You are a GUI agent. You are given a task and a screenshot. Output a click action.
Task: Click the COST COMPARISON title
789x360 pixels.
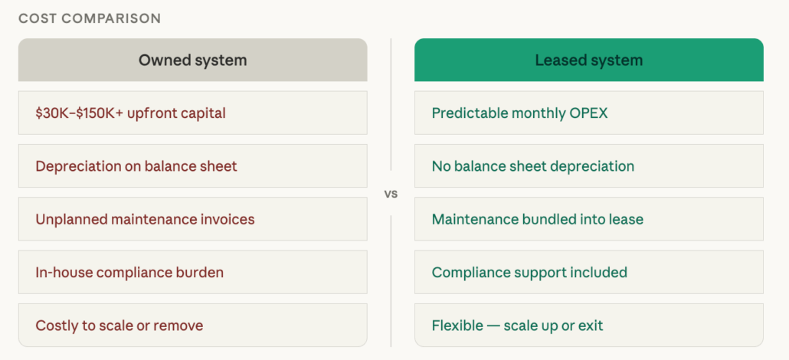pyautogui.click(x=90, y=18)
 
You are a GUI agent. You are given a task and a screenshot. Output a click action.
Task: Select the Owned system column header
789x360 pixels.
pyautogui.click(x=192, y=60)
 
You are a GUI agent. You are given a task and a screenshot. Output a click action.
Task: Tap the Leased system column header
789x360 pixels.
pyautogui.click(x=588, y=60)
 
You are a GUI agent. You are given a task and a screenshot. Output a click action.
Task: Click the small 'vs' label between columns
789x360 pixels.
pyautogui.click(x=391, y=194)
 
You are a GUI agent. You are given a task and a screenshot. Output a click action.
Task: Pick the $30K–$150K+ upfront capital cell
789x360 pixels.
pyautogui.click(x=192, y=113)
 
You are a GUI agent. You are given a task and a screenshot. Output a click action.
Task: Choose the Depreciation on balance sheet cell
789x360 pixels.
pyautogui.click(x=192, y=166)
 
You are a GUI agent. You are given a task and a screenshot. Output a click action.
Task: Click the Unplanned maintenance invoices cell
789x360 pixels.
pyautogui.click(x=192, y=219)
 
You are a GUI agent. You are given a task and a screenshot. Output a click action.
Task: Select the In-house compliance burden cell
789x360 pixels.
pyautogui.click(x=192, y=272)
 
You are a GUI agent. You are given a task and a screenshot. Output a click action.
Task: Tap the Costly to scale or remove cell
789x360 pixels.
pyautogui.click(x=192, y=326)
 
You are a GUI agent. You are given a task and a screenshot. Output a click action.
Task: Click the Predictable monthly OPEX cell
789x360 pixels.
pyautogui.click(x=588, y=113)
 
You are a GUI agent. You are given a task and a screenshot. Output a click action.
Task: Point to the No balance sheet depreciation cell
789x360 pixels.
pyautogui.click(x=588, y=166)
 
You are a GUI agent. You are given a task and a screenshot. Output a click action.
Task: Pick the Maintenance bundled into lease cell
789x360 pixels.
pyautogui.click(x=588, y=219)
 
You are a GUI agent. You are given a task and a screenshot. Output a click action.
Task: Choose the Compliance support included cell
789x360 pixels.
pyautogui.click(x=588, y=272)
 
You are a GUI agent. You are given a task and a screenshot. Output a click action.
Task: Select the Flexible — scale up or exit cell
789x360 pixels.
pyautogui.click(x=588, y=326)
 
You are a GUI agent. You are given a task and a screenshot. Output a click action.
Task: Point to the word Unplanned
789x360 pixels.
pyautogui.click(x=70, y=220)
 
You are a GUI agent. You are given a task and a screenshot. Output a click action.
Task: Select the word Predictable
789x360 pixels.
pyautogui.click(x=467, y=113)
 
